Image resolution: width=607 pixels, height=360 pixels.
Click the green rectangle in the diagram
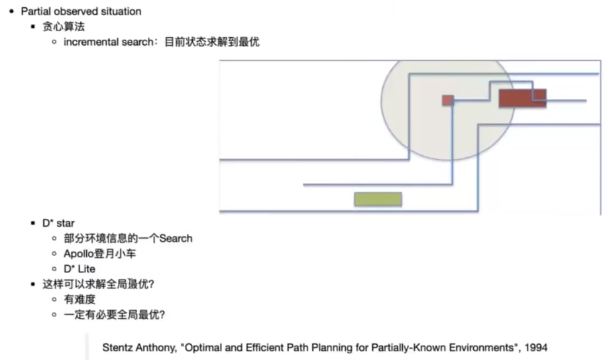click(378, 199)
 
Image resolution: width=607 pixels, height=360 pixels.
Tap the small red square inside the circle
click(448, 100)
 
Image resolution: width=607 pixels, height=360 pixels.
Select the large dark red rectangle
click(522, 98)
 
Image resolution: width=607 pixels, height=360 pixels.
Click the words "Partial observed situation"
click(81, 11)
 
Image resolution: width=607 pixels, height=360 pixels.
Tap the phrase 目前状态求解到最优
click(212, 42)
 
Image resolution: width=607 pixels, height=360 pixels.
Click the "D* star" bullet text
click(59, 223)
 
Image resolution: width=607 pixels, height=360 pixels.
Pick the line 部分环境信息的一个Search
click(128, 238)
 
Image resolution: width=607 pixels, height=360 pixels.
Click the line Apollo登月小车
click(100, 253)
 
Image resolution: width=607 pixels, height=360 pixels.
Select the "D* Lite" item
click(80, 269)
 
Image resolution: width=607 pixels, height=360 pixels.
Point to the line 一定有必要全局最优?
click(114, 314)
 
